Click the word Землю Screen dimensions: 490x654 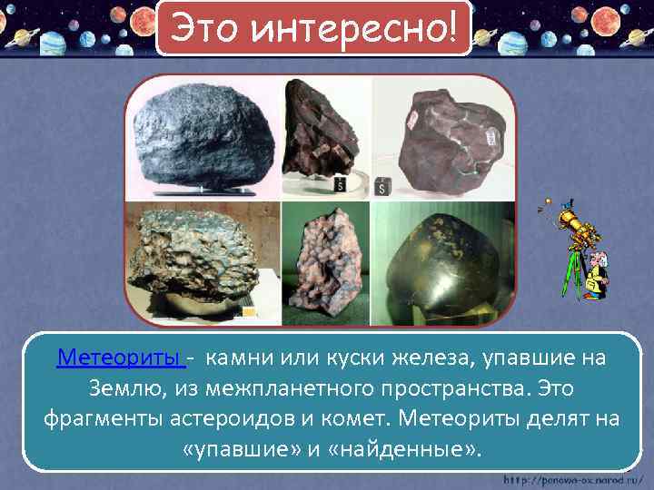tap(125, 388)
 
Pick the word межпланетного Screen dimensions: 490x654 tap(282, 388)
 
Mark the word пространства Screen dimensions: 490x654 tap(464, 388)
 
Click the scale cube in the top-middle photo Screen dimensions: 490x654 tap(340, 184)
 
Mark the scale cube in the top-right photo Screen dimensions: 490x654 tap(383, 188)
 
